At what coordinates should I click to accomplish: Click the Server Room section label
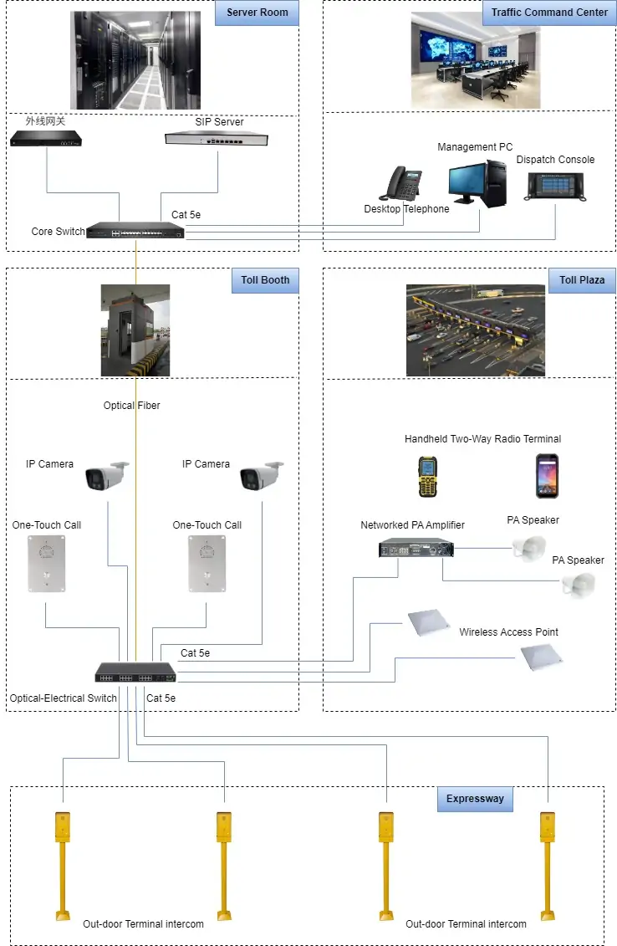click(257, 13)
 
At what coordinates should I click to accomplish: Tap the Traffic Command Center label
click(549, 13)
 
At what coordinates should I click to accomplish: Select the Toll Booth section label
click(264, 280)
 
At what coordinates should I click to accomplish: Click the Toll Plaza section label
click(581, 280)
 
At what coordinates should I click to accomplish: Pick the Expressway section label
click(474, 799)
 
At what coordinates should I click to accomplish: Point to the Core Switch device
click(135, 231)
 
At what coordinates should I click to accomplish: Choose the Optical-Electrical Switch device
click(135, 672)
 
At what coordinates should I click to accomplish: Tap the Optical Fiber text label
click(131, 406)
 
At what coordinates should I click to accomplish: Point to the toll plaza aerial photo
click(475, 330)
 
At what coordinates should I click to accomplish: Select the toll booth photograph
click(135, 330)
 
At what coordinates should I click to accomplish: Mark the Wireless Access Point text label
click(508, 632)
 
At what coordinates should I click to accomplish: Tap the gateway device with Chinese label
click(47, 138)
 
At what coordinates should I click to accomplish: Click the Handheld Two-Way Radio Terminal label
click(482, 439)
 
